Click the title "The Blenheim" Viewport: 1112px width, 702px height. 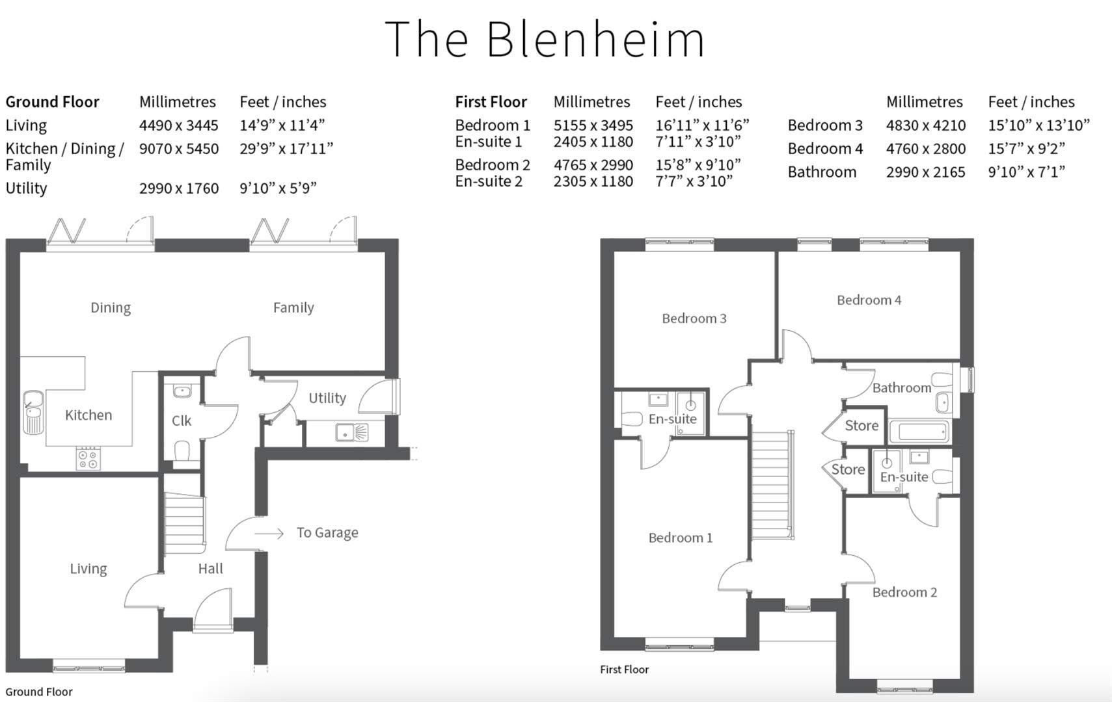point(545,39)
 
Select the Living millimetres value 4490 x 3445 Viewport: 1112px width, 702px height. point(178,125)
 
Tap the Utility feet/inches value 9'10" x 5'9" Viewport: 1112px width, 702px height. point(278,188)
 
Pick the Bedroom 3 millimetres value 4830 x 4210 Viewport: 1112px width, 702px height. point(925,125)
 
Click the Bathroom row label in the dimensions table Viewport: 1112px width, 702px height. point(822,172)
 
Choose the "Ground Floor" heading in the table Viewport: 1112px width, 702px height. point(52,101)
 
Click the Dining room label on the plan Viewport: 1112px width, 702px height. point(111,307)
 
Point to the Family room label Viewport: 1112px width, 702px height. point(293,307)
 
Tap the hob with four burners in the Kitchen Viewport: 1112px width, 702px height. point(88,458)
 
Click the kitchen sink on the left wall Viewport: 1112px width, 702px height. point(33,411)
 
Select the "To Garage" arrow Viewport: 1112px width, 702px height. point(269,533)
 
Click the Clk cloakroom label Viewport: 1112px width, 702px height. point(182,421)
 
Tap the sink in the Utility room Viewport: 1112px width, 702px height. point(351,432)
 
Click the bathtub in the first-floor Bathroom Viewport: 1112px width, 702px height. point(918,431)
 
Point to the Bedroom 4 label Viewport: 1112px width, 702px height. point(869,300)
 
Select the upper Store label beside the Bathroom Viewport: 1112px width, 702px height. point(861,426)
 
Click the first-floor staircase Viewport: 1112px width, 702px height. point(772,484)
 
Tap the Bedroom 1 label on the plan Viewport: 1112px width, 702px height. point(680,538)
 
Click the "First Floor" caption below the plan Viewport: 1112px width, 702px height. point(624,669)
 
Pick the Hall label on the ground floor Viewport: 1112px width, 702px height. point(210,569)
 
